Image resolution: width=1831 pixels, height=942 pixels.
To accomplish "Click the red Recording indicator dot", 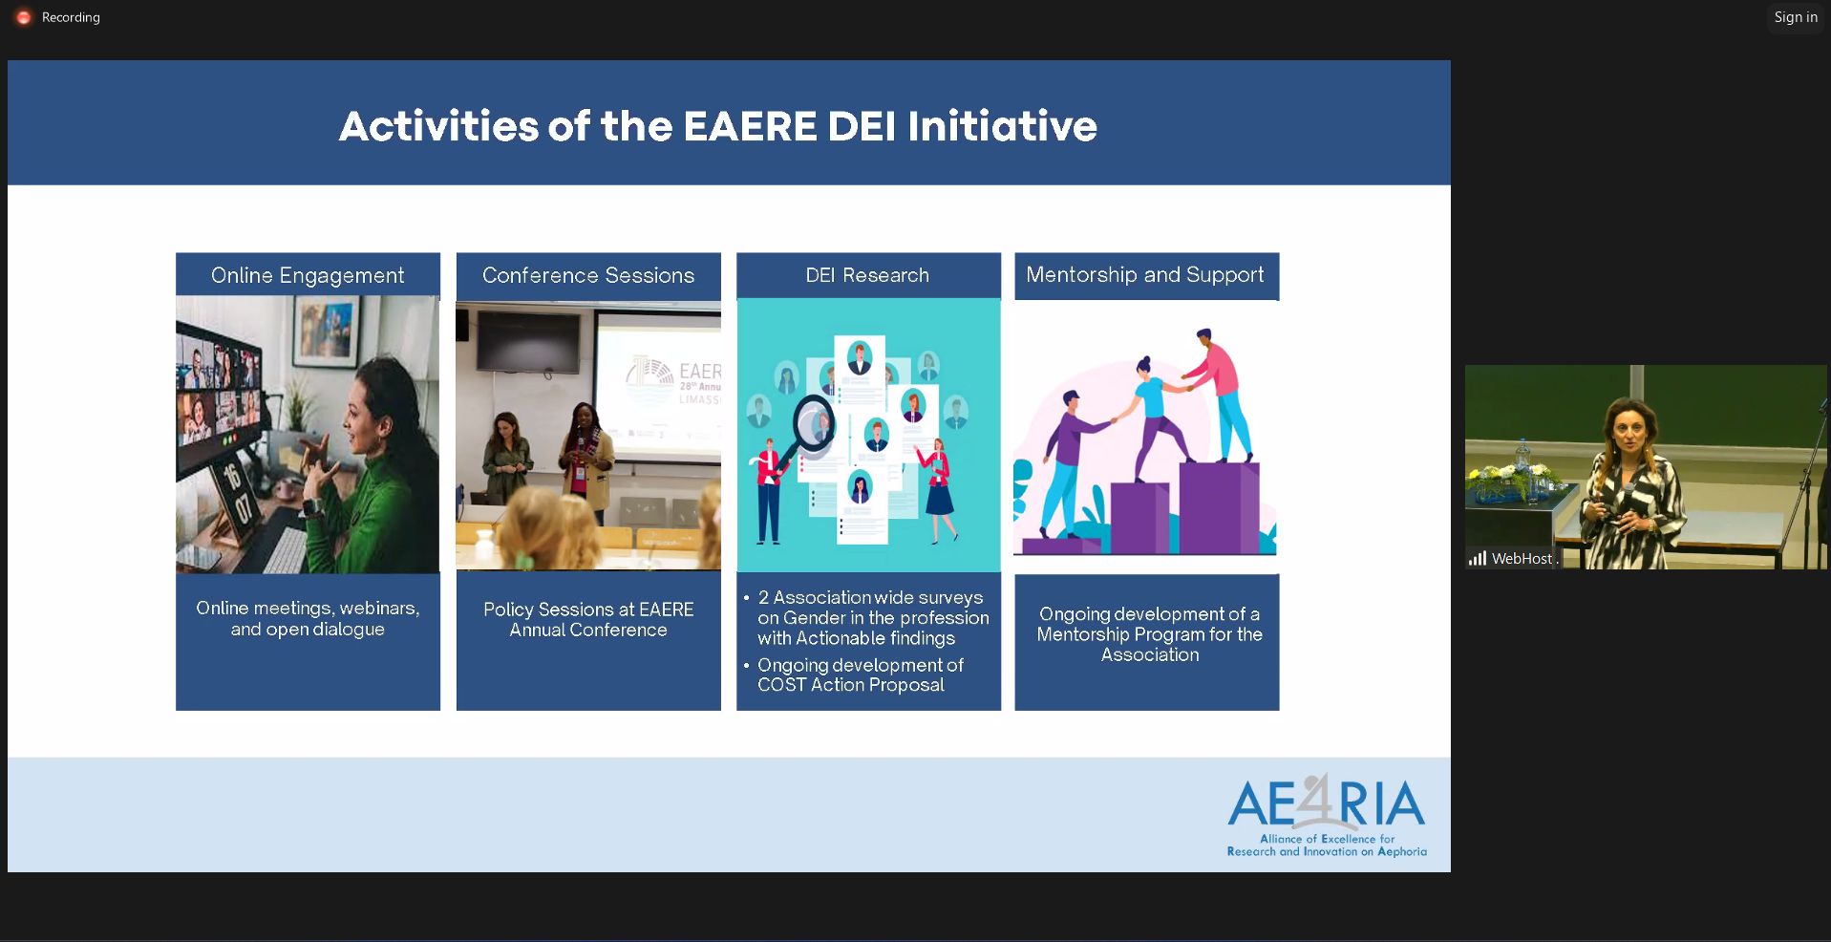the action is click(x=24, y=17).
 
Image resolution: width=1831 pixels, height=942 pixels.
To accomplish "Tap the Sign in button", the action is click(x=1796, y=17).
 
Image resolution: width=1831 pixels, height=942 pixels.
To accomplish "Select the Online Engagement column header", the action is click(x=308, y=275).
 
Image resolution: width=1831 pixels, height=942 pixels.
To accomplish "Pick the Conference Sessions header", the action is click(x=588, y=275).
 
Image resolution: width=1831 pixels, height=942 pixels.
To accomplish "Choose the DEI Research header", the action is click(x=867, y=275).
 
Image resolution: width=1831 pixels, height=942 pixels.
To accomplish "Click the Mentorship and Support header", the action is click(x=1145, y=275).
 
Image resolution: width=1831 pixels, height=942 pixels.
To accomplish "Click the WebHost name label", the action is click(x=1522, y=559).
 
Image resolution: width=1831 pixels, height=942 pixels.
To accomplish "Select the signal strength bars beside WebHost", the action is click(x=1477, y=559).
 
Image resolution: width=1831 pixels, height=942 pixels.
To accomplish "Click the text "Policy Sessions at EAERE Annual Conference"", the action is click(x=588, y=619).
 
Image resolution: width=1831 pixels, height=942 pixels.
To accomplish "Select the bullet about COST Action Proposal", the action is click(x=860, y=674).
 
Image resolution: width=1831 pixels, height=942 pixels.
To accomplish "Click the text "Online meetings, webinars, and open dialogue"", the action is click(x=308, y=618).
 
